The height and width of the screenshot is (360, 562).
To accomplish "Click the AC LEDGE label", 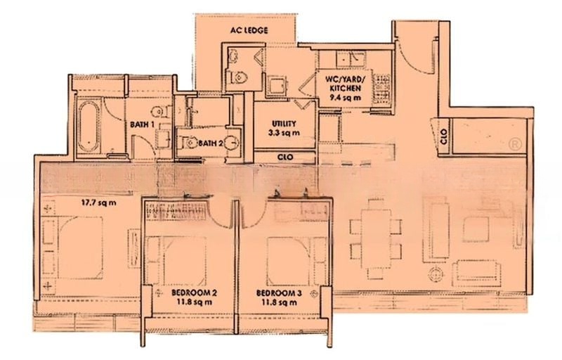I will tap(246, 31).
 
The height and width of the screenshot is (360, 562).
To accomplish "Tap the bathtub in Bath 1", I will tap(89, 127).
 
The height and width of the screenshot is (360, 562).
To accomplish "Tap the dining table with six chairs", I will tap(377, 225).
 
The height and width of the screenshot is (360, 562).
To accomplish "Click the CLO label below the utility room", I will tap(285, 157).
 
